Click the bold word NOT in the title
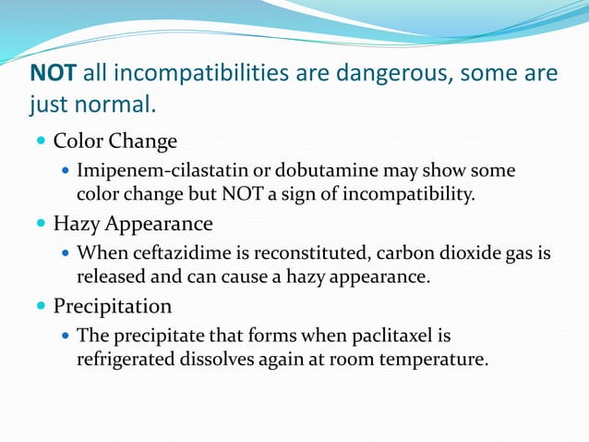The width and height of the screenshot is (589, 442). pyautogui.click(x=54, y=72)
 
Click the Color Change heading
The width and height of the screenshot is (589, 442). pyautogui.click(x=115, y=142)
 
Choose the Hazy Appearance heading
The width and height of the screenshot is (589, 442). pyautogui.click(x=133, y=224)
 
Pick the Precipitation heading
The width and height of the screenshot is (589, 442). pyautogui.click(x=113, y=305)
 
